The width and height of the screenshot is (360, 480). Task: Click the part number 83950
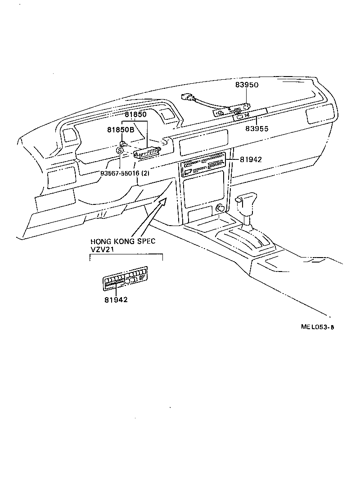click(x=247, y=85)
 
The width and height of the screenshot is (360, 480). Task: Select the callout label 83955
click(x=256, y=128)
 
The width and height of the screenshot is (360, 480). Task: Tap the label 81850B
click(x=121, y=130)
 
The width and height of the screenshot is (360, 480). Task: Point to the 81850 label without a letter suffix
click(x=135, y=115)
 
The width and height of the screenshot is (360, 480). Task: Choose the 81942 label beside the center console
click(x=251, y=159)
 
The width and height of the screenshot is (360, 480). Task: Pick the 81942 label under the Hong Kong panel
click(x=116, y=299)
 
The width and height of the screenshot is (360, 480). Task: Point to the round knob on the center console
click(x=220, y=208)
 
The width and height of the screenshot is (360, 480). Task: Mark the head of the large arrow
click(x=166, y=199)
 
